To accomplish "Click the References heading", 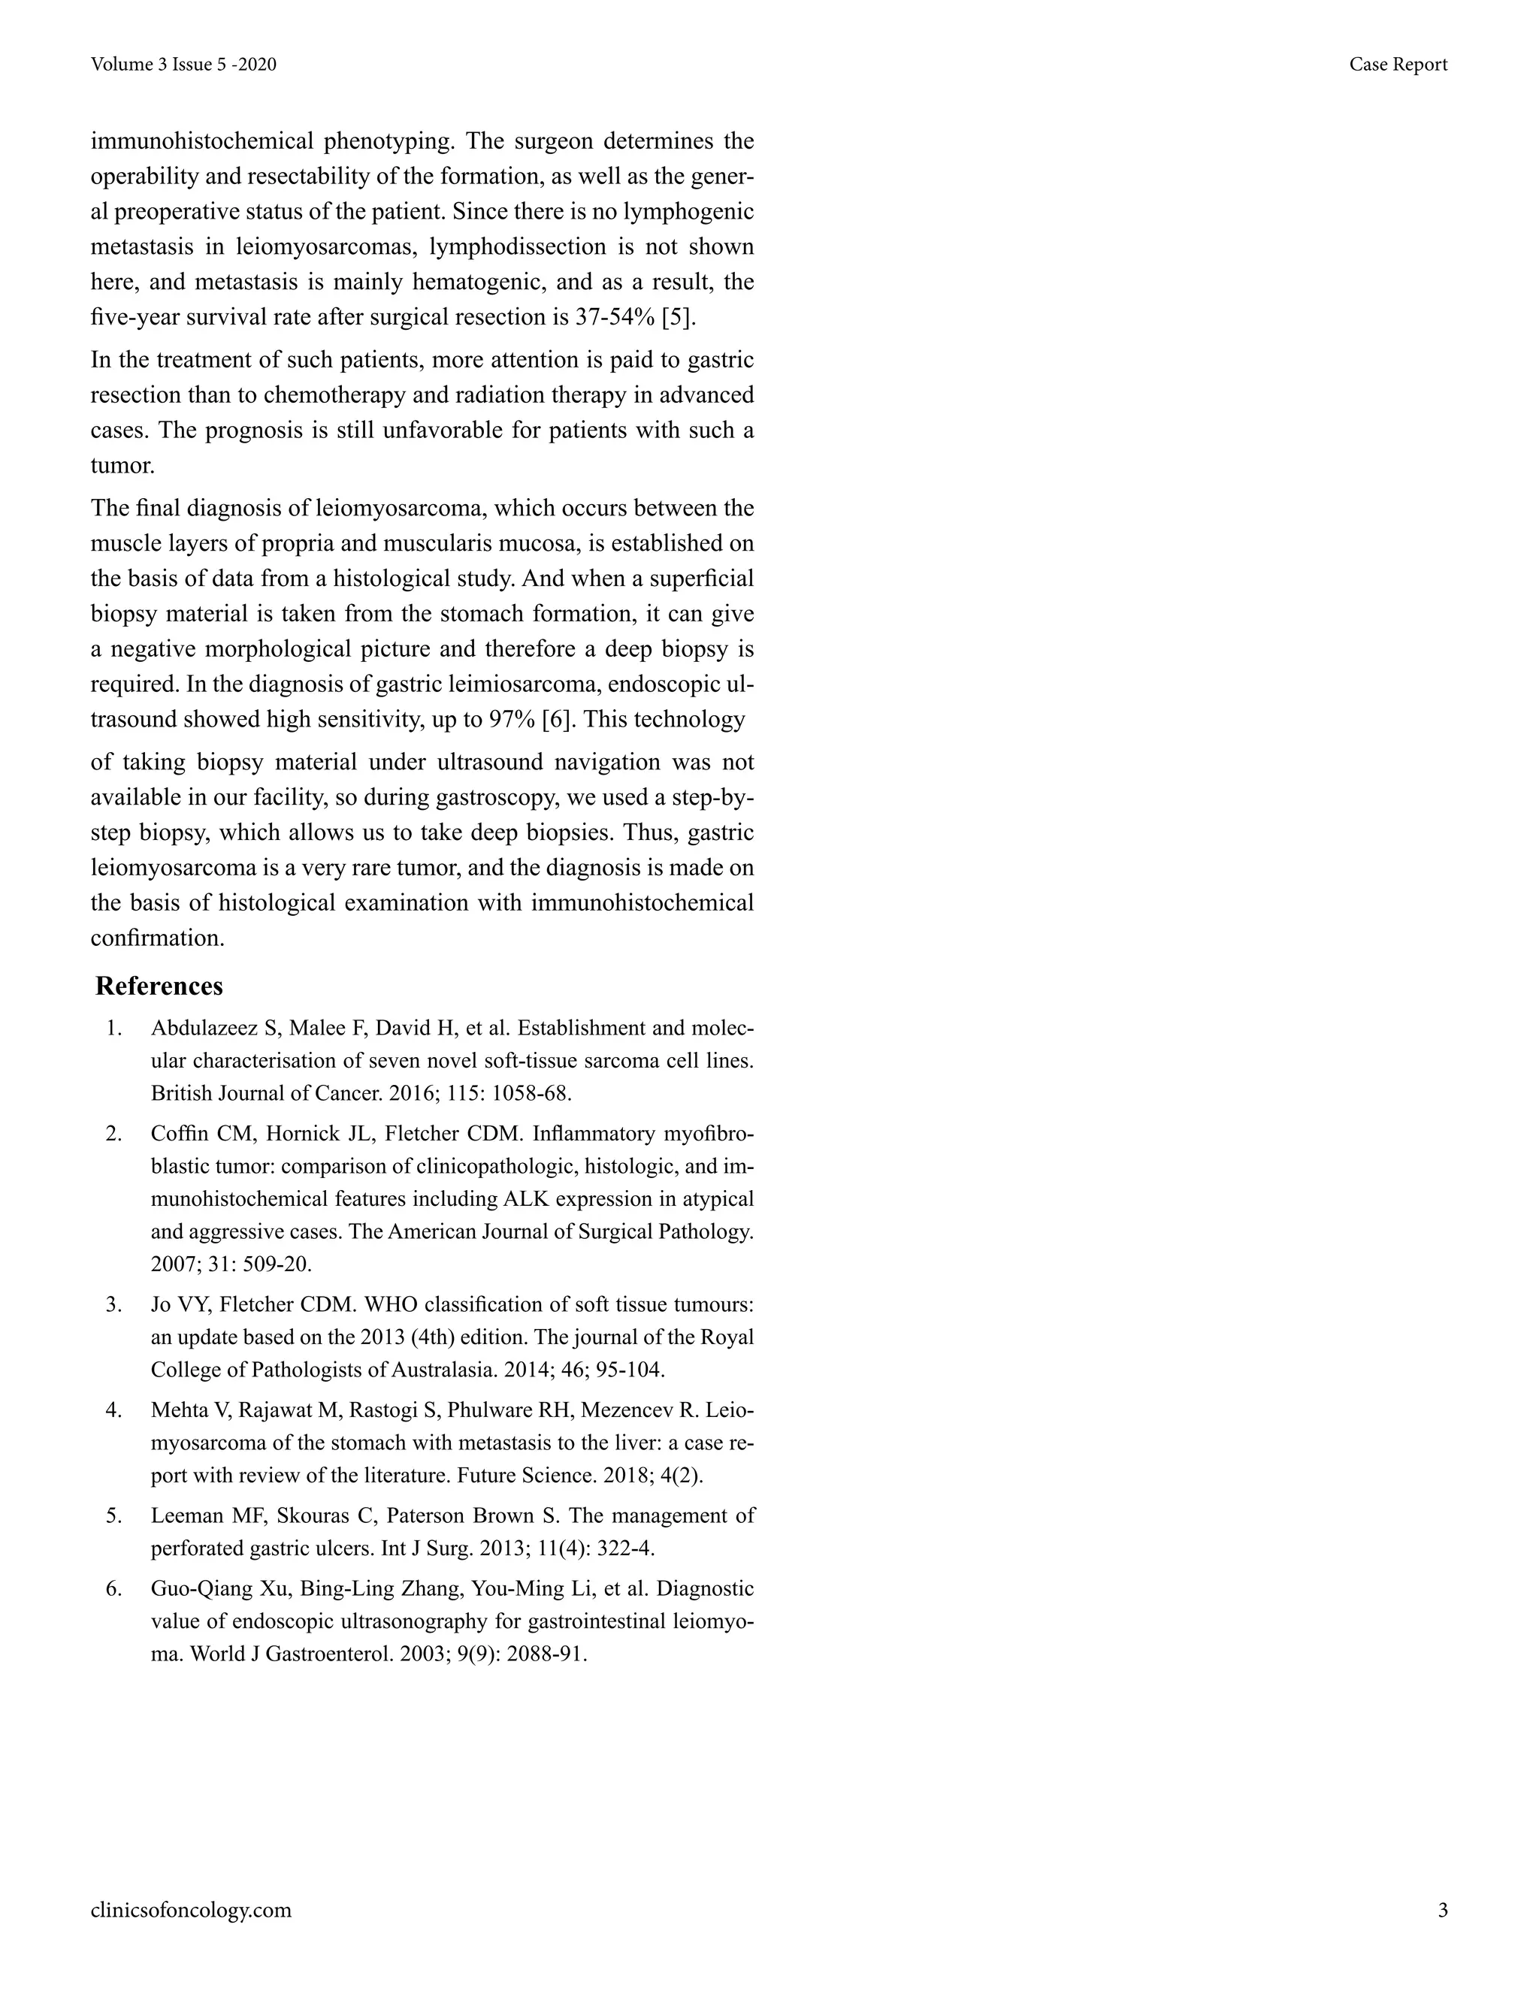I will coord(159,986).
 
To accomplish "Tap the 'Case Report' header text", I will coord(1398,65).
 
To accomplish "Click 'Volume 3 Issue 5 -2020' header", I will coord(183,65).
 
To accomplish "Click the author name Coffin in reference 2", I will coord(180,1134).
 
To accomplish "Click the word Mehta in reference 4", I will coord(179,1410).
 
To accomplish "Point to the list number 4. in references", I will coord(114,1410).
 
